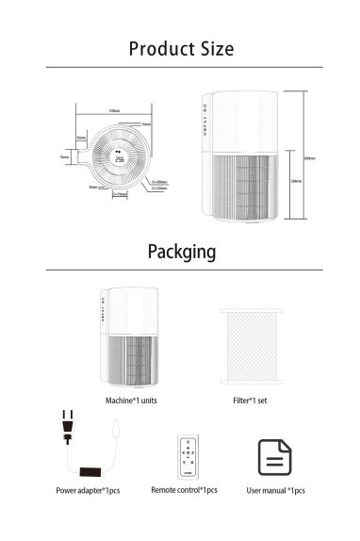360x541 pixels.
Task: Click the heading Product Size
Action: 180,48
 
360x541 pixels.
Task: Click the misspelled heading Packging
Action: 180,253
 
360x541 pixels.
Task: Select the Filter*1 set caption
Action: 250,401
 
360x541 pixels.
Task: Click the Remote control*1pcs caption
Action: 185,491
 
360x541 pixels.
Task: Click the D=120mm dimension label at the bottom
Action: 121,195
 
